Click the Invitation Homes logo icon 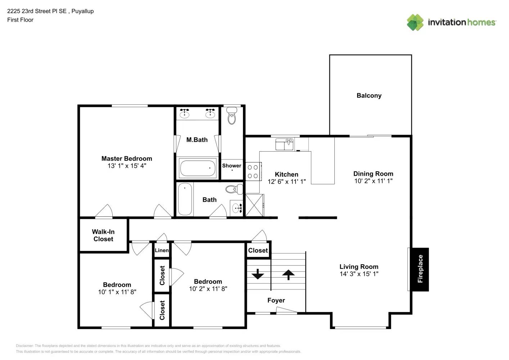[x=415, y=22]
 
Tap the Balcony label [x=369, y=95]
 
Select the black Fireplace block [x=420, y=269]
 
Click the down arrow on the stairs [x=258, y=274]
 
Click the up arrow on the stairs [x=288, y=275]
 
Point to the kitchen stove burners [x=253, y=172]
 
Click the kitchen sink [x=284, y=144]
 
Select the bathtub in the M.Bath [x=197, y=168]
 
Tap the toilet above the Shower [x=232, y=115]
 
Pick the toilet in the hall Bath [x=234, y=189]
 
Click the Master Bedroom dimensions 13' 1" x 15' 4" [x=127, y=166]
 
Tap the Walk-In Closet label [x=103, y=235]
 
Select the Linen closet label [x=162, y=250]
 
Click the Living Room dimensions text [x=359, y=274]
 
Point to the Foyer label [x=276, y=300]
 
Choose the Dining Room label [x=373, y=174]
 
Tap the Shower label [x=231, y=166]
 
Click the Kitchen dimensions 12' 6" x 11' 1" [x=287, y=182]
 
